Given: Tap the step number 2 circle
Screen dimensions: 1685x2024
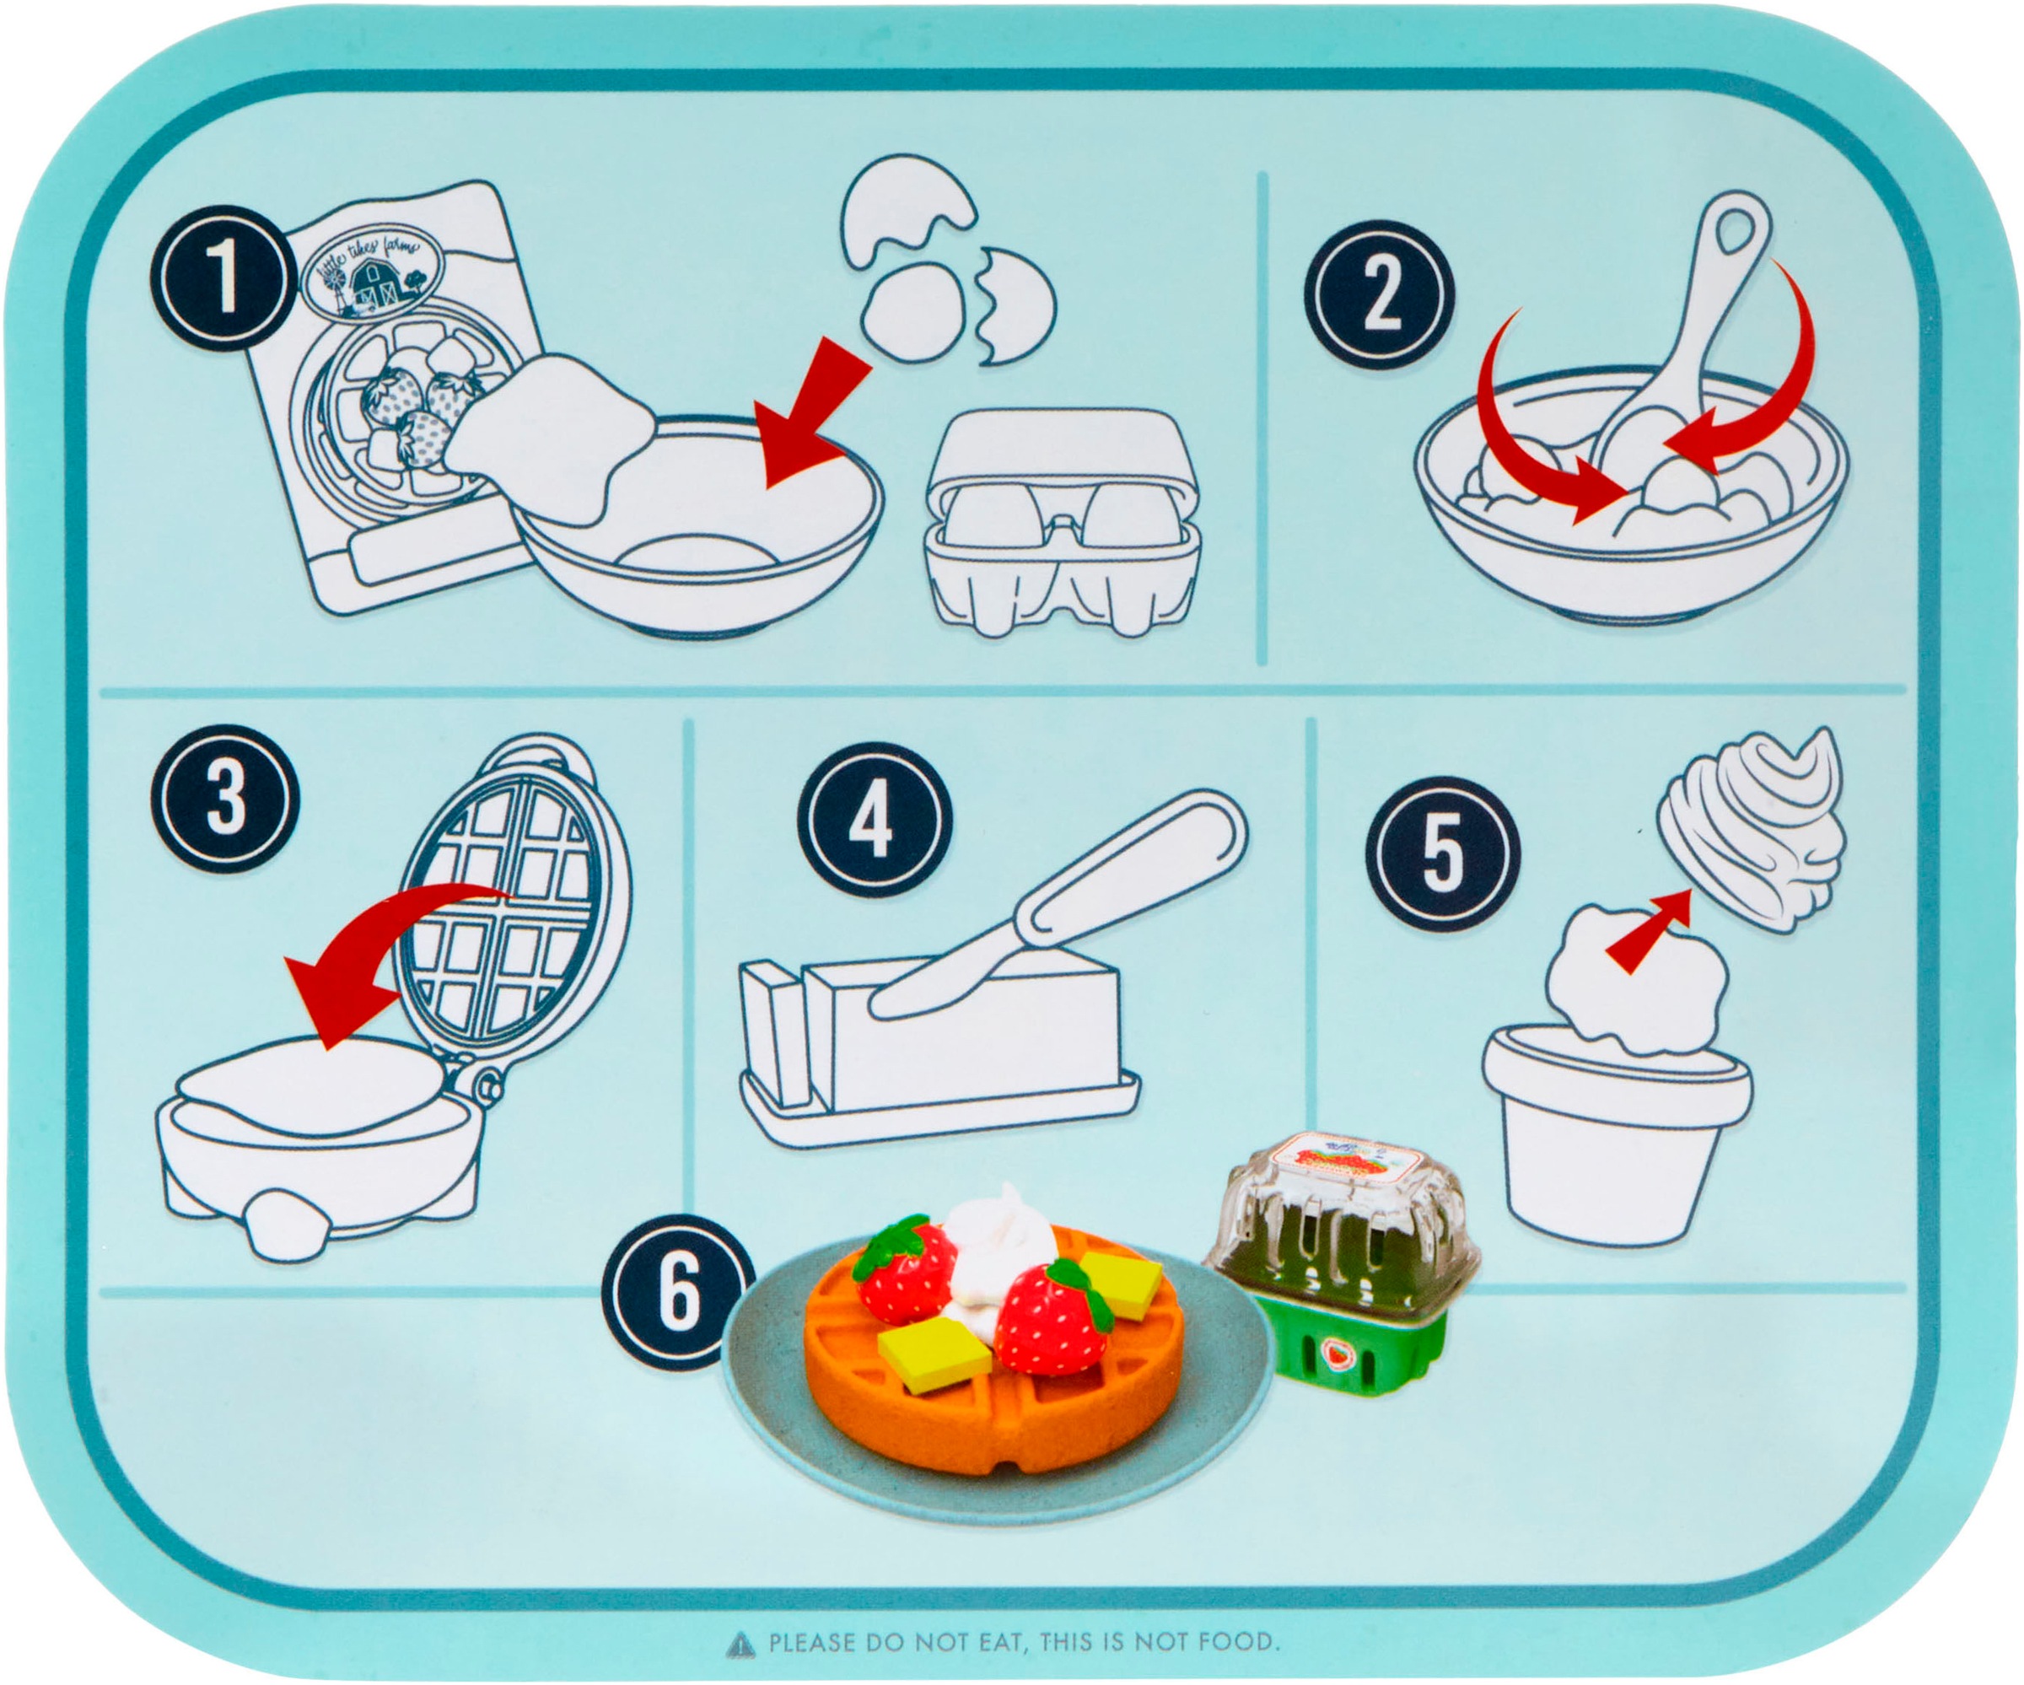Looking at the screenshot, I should click(x=1381, y=294).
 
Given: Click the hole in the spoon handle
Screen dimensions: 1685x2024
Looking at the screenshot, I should click(x=1738, y=229).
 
